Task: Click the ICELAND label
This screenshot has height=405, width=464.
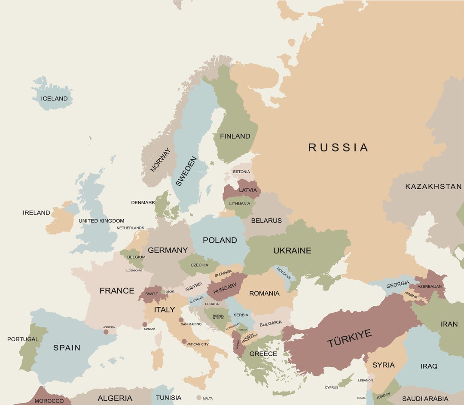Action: click(x=54, y=99)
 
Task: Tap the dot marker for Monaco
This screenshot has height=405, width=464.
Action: click(x=145, y=324)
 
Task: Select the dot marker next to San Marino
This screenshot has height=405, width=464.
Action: click(x=181, y=320)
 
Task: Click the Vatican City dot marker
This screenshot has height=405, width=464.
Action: click(x=184, y=342)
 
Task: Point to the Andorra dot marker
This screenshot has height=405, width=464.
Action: click(x=106, y=332)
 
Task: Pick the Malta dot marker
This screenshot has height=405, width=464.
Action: click(x=198, y=398)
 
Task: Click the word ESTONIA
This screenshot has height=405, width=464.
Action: click(x=241, y=172)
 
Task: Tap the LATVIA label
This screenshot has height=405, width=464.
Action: click(x=248, y=190)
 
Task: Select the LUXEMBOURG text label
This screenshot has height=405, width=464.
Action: click(x=134, y=271)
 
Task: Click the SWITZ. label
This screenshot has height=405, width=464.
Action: click(x=152, y=294)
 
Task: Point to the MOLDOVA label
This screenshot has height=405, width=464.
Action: click(x=284, y=273)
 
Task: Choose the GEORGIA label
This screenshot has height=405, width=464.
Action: click(x=398, y=284)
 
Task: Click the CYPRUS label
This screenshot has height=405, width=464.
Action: click(x=331, y=387)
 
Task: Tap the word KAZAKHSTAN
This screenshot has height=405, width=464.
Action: click(x=433, y=187)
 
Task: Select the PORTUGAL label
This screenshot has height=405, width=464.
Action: click(x=23, y=339)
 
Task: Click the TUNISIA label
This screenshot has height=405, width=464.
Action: click(x=168, y=398)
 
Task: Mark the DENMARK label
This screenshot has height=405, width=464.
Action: click(x=143, y=202)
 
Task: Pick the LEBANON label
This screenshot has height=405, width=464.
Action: click(x=366, y=380)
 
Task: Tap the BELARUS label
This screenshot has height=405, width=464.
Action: click(x=266, y=221)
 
